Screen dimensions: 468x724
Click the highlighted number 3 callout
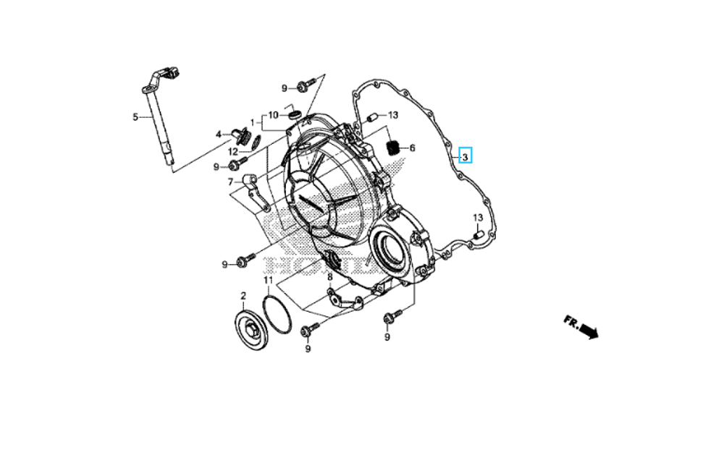coord(466,156)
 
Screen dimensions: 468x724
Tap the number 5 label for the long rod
coord(135,116)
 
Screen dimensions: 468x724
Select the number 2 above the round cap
coord(243,296)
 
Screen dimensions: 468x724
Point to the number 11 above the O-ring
coord(267,280)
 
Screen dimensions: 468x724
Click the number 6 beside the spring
coord(412,148)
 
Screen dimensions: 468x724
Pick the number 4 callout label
coord(218,134)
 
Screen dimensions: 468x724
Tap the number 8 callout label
coord(329,277)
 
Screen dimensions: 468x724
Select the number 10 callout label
coord(273,115)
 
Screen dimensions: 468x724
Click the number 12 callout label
coord(232,152)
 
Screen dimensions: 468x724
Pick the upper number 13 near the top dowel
coord(392,115)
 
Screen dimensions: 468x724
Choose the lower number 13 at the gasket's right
coord(478,218)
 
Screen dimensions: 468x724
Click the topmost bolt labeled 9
coord(303,88)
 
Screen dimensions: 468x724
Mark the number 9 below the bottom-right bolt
coord(387,337)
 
